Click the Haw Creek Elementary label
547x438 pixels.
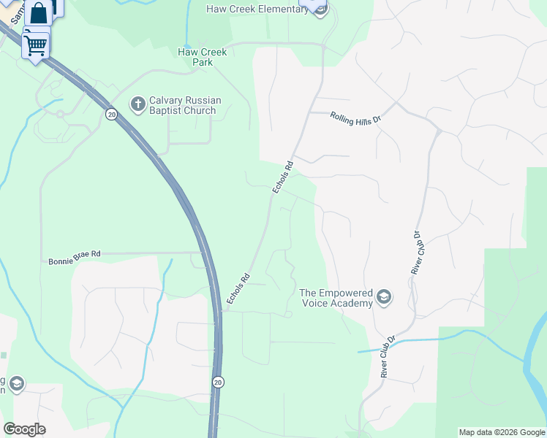257,9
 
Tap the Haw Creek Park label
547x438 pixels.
203,57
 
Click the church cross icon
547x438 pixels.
137,105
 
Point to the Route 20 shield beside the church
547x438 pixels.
111,114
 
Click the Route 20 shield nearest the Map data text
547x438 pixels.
219,382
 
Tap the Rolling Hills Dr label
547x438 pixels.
356,118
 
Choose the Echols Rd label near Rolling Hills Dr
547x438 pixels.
282,177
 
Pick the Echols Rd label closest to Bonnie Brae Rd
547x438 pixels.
238,288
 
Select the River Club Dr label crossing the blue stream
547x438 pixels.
388,356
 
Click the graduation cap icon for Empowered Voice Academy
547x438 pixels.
384,298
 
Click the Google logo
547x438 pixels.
24,429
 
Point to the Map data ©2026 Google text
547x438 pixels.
502,432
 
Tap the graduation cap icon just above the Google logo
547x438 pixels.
15,384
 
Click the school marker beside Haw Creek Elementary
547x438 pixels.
319,6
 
